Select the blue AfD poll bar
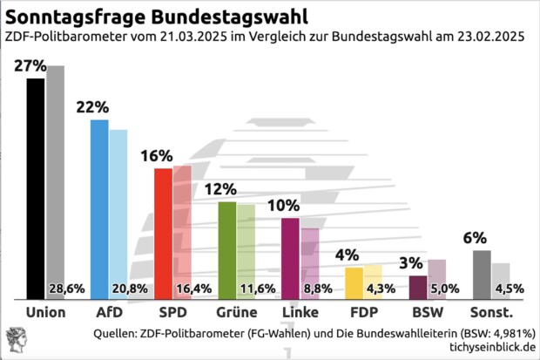tap(99, 209)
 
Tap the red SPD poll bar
tap(163, 234)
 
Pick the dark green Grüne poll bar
tap(226, 250)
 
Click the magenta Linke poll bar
tap(290, 259)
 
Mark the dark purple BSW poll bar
tap(418, 288)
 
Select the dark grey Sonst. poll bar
tap(482, 275)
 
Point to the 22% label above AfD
tap(92, 107)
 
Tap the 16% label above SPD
tap(157, 156)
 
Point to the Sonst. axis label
tap(491, 312)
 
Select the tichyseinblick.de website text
tap(491, 349)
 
